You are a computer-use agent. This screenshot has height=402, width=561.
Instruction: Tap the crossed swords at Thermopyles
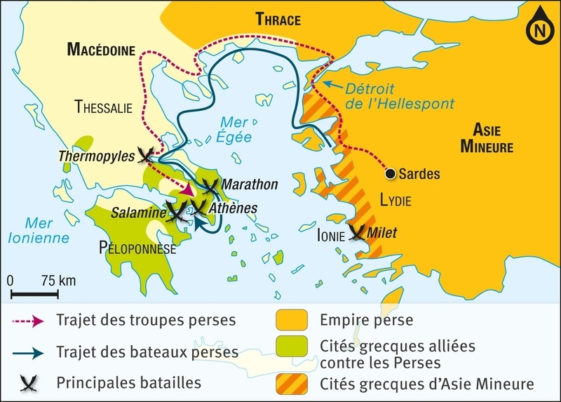point(147,155)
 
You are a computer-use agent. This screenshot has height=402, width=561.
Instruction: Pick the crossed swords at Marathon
point(210,186)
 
